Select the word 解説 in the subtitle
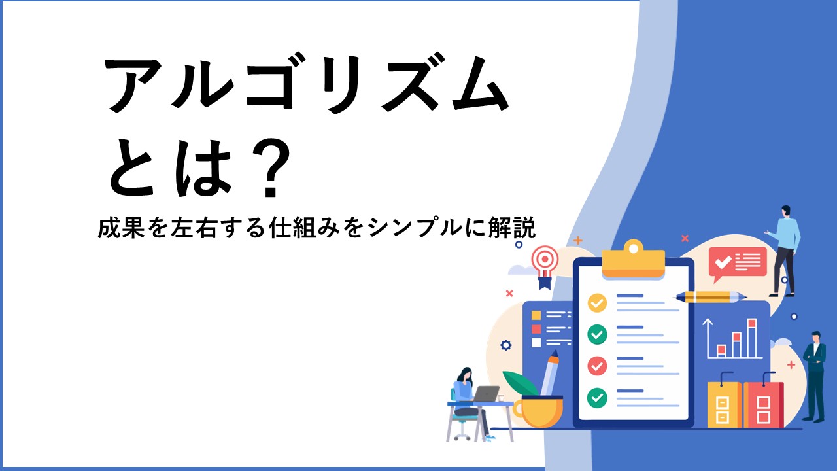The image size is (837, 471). [x=512, y=228]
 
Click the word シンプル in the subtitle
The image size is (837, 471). [x=414, y=228]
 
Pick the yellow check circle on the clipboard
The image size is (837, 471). [x=597, y=303]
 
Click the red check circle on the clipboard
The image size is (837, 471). [x=597, y=366]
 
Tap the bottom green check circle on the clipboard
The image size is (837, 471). [x=597, y=398]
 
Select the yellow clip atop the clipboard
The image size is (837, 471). [x=634, y=260]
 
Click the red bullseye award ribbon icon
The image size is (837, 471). [x=545, y=267]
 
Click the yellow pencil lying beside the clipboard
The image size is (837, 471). [x=709, y=297]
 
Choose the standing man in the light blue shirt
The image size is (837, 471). [x=785, y=251]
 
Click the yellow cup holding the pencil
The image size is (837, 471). [x=538, y=412]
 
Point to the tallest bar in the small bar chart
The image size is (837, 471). [x=752, y=338]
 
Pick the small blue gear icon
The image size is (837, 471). [x=506, y=345]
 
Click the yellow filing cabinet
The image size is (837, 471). [x=724, y=404]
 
